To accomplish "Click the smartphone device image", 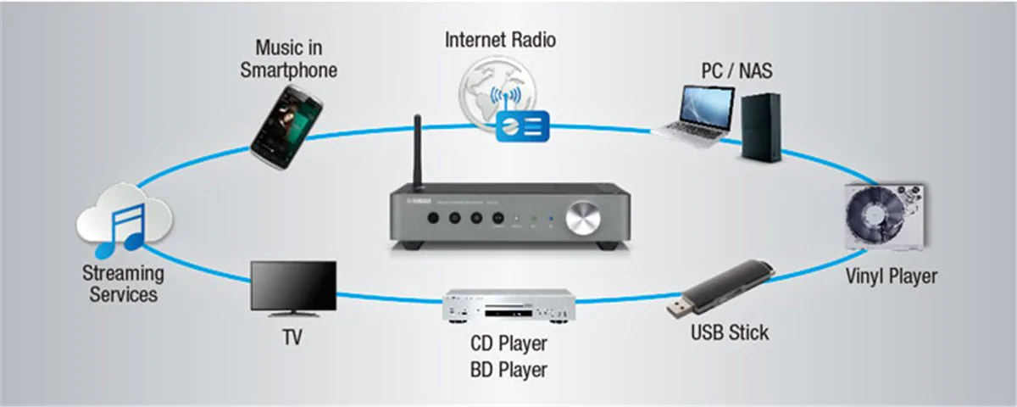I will click(x=286, y=123).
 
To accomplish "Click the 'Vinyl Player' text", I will click(x=892, y=277).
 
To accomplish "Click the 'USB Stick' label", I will click(x=730, y=332).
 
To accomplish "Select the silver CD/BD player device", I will click(x=508, y=307).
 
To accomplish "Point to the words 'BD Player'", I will click(x=508, y=370).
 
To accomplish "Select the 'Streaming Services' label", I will click(x=123, y=284).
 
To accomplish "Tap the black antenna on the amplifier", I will click(x=417, y=153).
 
